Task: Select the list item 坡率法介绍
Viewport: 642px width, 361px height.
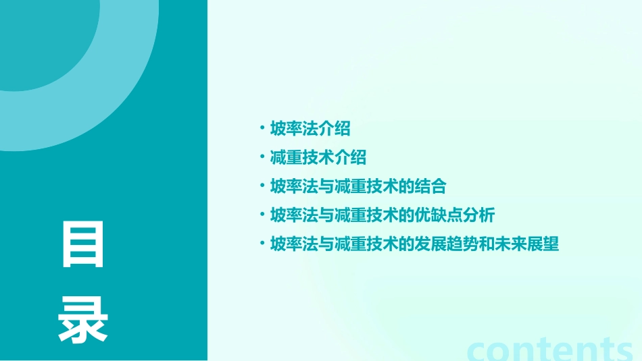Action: [x=310, y=128]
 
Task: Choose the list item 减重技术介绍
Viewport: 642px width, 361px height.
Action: [x=318, y=157]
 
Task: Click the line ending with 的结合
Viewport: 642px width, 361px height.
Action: [x=357, y=186]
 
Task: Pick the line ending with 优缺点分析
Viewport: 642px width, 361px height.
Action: [x=382, y=215]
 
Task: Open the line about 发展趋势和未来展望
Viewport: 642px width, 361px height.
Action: [x=414, y=244]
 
